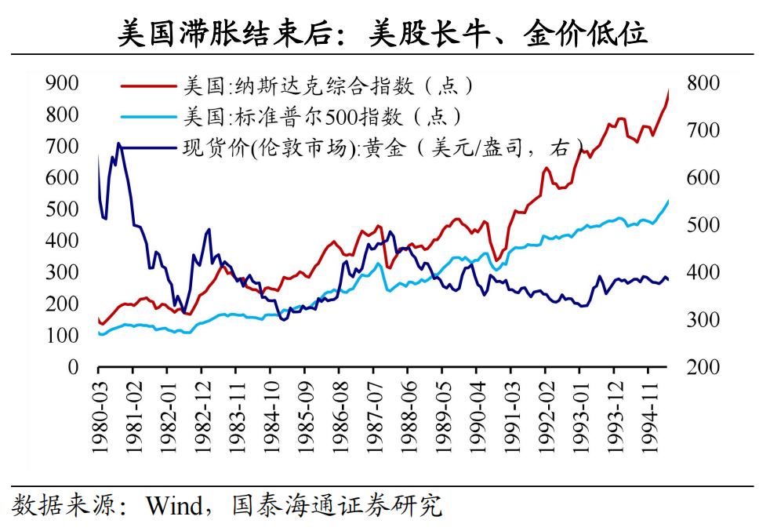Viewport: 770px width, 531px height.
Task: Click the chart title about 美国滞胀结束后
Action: click(383, 34)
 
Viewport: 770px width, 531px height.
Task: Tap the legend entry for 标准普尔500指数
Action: click(321, 117)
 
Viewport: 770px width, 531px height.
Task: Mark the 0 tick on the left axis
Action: click(72, 368)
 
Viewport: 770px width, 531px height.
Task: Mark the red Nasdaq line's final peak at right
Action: click(669, 90)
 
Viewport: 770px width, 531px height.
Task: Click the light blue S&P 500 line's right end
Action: click(669, 201)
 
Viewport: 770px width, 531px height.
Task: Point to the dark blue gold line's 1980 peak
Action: click(118, 144)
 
